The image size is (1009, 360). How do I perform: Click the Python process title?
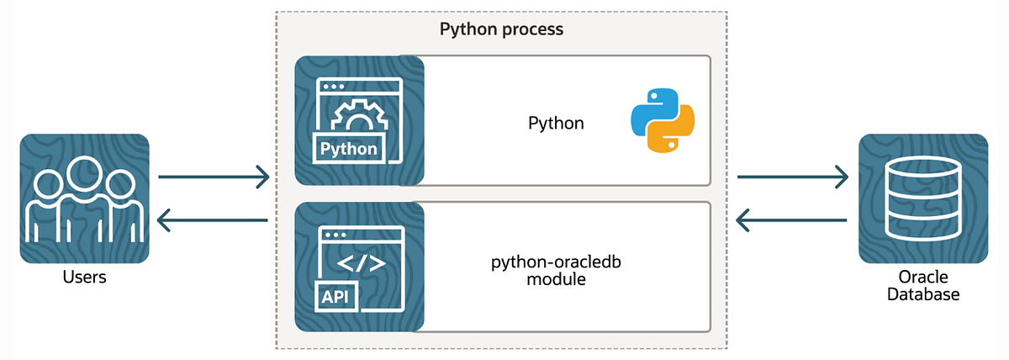pos(501,29)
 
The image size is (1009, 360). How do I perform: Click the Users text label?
pos(84,276)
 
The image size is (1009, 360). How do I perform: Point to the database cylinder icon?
pos(923,199)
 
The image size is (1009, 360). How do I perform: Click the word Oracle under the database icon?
pos(923,278)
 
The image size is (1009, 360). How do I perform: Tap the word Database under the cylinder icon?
pos(923,294)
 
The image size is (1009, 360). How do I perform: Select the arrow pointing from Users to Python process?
pos(214,177)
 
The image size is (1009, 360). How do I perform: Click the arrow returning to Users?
pos(214,221)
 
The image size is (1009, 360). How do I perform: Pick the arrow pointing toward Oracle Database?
pos(792,177)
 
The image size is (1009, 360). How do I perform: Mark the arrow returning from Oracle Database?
pos(792,221)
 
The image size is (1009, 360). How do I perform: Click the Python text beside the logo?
pos(556,124)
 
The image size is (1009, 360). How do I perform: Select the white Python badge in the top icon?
pos(349,149)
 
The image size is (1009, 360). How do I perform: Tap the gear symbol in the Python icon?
pos(360,117)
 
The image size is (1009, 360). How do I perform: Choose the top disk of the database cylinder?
pos(923,172)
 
